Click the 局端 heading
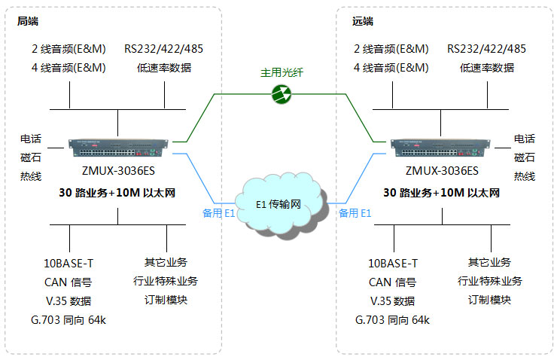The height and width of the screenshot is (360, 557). click(28, 21)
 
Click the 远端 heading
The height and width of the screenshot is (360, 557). click(362, 21)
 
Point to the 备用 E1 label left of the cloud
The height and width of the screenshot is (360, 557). click(219, 213)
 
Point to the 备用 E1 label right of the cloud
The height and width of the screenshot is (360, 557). click(355, 213)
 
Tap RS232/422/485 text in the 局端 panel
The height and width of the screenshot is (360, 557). click(164, 49)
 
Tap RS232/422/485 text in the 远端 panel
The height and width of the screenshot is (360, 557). click(486, 49)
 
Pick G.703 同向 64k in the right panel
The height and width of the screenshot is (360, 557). click(392, 320)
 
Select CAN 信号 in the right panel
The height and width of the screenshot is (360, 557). click(391, 282)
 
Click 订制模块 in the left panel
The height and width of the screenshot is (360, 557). click(166, 300)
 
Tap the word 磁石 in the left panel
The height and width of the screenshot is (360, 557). click(30, 157)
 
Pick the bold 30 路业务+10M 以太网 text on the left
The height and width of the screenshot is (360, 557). click(117, 193)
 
